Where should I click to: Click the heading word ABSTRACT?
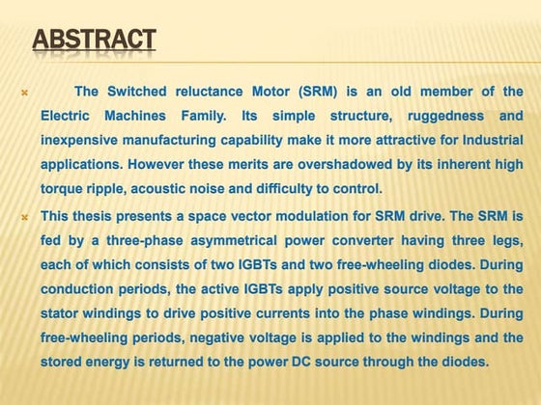[x=95, y=40]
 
